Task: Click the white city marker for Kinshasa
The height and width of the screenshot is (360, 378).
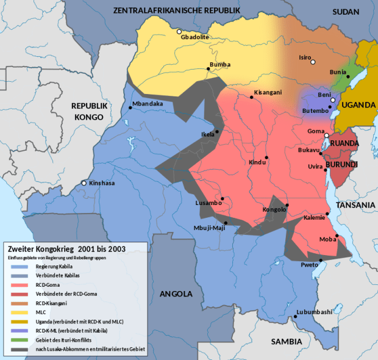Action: point(84,183)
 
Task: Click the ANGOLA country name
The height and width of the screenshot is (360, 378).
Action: point(176,294)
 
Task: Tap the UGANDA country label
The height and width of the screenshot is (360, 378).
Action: point(358,105)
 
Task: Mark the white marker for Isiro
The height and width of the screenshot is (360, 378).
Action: point(313,62)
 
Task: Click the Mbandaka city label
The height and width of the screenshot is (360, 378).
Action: point(148,104)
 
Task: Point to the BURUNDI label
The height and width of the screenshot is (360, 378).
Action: point(357,165)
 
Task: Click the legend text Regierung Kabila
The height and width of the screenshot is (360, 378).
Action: point(54,267)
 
